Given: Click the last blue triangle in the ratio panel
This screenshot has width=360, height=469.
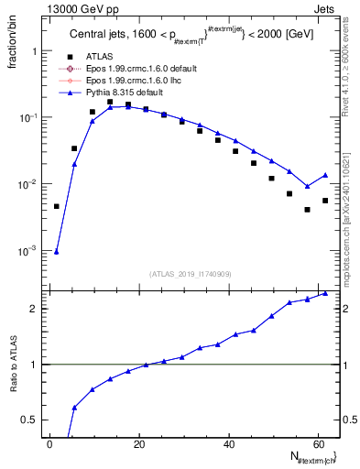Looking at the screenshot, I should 325,293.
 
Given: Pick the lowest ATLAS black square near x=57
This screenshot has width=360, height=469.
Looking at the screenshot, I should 307,209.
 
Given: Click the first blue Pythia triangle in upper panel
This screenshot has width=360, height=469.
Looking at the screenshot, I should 57,251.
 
